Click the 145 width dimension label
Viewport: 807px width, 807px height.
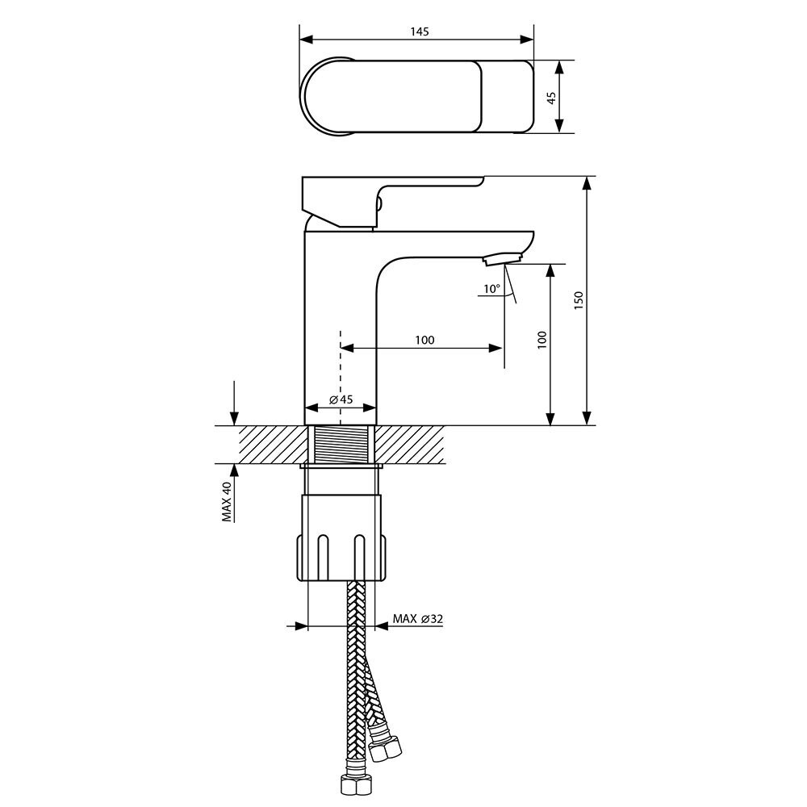[420, 31]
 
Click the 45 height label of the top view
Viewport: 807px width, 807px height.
[551, 98]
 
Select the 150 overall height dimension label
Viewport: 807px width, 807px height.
[579, 300]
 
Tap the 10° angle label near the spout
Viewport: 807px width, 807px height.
[491, 289]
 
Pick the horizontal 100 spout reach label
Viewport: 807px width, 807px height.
[424, 341]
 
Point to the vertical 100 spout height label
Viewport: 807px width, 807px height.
[542, 341]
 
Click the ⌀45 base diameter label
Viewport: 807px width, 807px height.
[341, 399]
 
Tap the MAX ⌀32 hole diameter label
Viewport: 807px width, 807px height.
[417, 618]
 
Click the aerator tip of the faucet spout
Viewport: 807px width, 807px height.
[502, 257]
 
